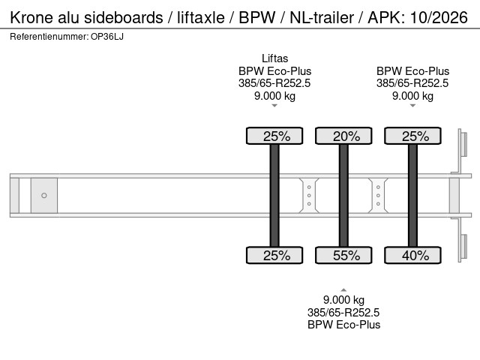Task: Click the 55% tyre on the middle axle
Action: click(x=343, y=255)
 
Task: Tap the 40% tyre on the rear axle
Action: click(x=412, y=255)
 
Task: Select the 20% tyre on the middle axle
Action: click(x=343, y=136)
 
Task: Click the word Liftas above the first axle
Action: click(x=274, y=58)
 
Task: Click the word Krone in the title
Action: click(x=32, y=16)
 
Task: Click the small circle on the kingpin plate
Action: click(x=43, y=196)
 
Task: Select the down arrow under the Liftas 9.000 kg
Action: click(x=274, y=106)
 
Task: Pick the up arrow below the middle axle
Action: click(x=343, y=289)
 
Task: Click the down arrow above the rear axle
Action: click(x=412, y=106)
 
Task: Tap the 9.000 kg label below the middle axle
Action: click(x=343, y=300)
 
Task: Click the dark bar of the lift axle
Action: click(x=274, y=195)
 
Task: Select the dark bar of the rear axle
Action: click(x=412, y=195)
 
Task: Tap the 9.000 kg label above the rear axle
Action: click(x=412, y=95)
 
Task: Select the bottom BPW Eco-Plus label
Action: click(x=343, y=325)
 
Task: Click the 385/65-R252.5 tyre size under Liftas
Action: click(x=274, y=83)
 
